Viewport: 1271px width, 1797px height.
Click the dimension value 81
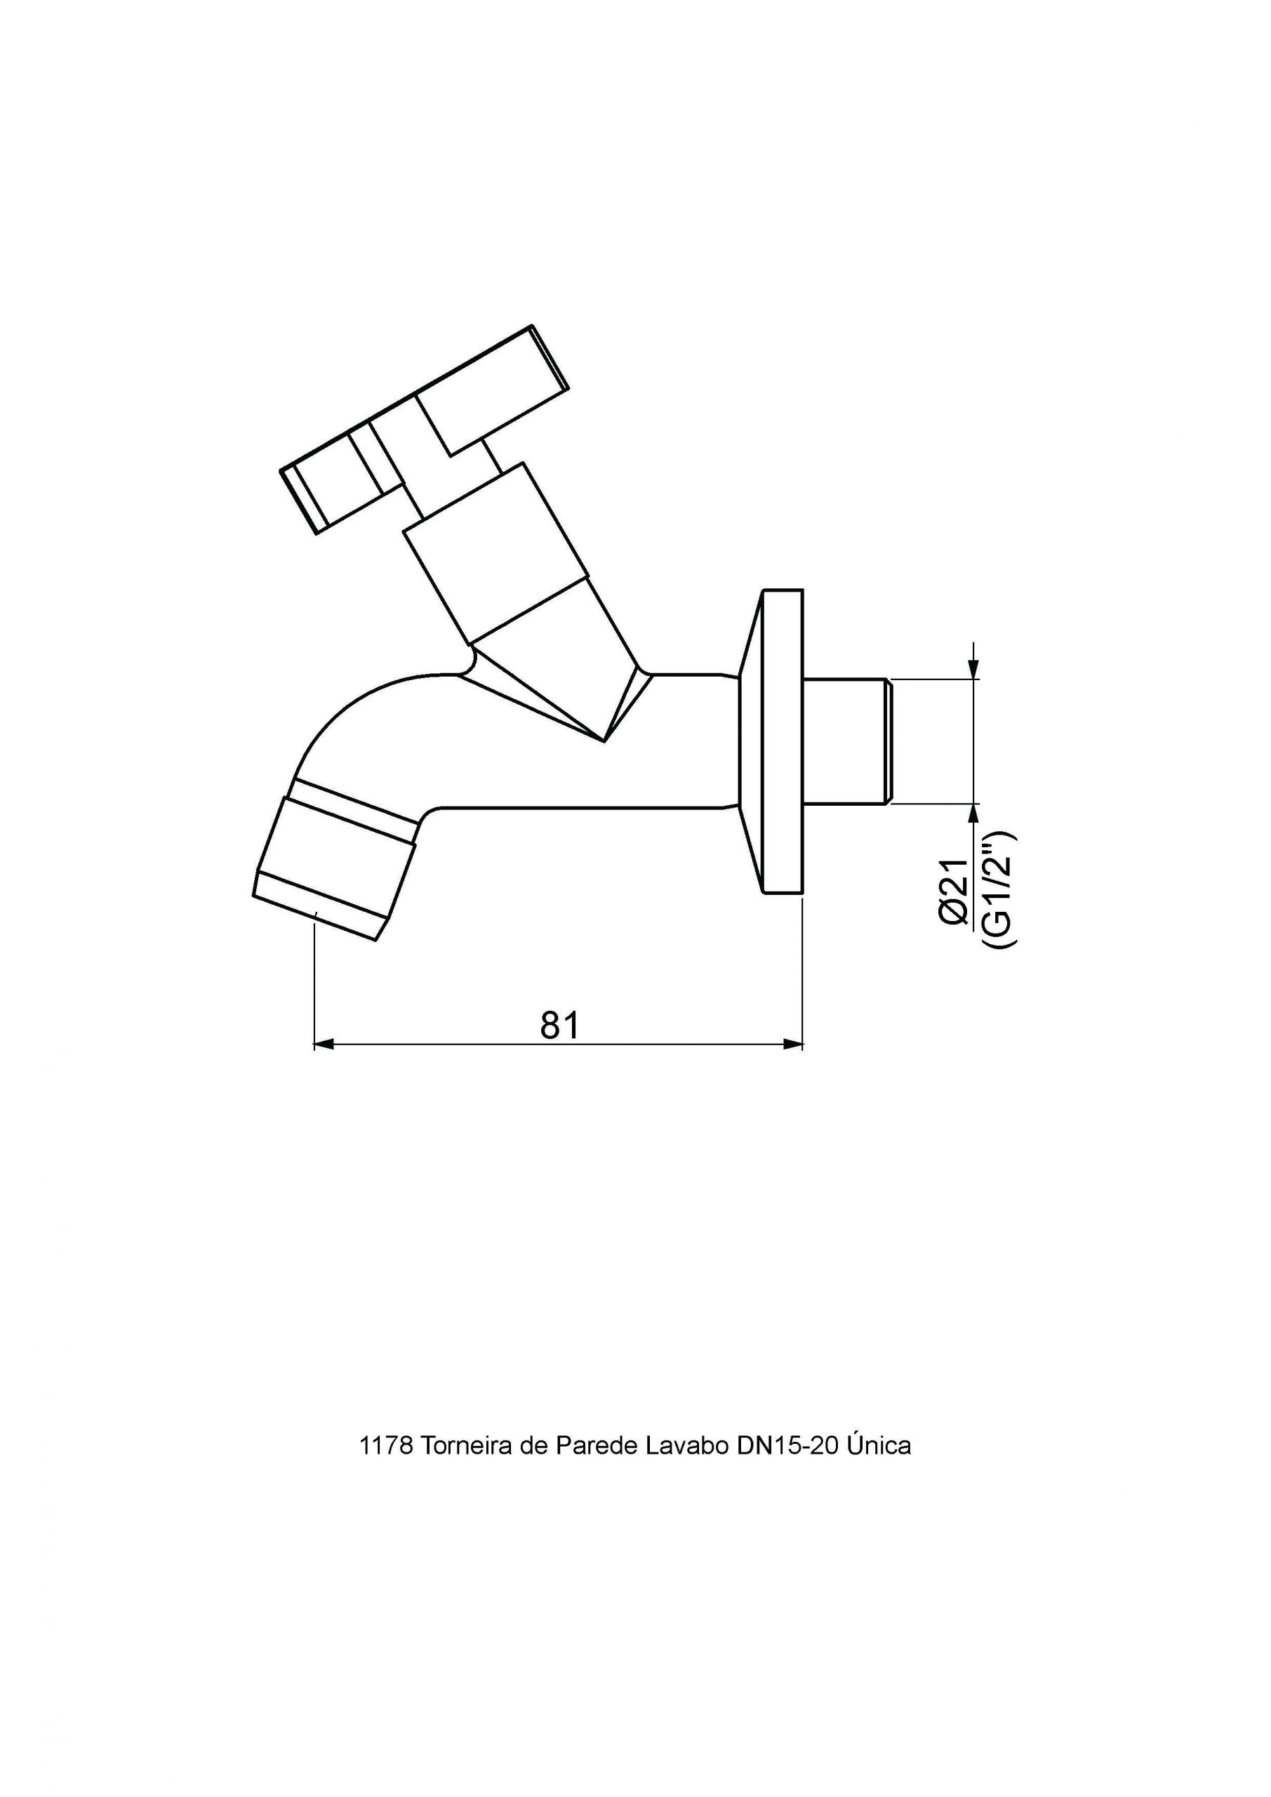[x=560, y=1025]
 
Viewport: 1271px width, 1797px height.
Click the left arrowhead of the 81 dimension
[x=324, y=1043]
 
